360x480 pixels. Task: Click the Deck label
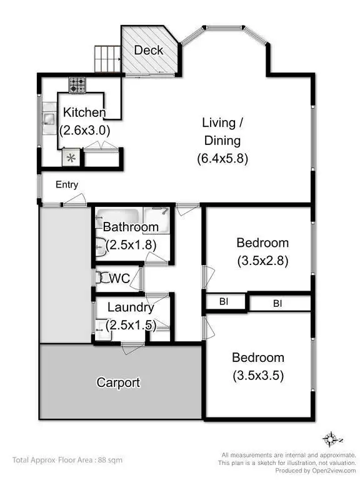coord(149,50)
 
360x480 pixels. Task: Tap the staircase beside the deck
coord(107,59)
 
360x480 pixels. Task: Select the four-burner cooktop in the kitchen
coord(78,84)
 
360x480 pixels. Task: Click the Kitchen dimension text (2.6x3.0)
coord(86,131)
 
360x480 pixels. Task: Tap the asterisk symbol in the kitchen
coord(71,158)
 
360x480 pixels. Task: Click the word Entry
coord(67,184)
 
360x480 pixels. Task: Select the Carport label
coord(118,382)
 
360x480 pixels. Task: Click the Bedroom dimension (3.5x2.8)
coord(262,261)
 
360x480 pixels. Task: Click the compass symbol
coord(330,438)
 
